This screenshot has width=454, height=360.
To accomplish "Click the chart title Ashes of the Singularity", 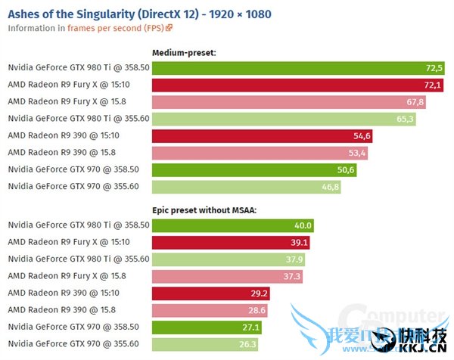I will [139, 14].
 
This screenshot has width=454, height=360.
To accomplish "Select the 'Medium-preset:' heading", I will [184, 53].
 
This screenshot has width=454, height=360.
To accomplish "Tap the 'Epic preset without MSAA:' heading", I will [204, 210].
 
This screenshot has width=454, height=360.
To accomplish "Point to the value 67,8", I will [415, 102].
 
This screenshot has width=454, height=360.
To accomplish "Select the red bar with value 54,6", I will [262, 135].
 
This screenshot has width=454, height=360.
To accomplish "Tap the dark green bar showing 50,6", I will [253, 169].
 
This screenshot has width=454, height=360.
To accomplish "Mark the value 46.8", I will [330, 186].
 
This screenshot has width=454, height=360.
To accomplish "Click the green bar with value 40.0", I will [232, 225].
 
